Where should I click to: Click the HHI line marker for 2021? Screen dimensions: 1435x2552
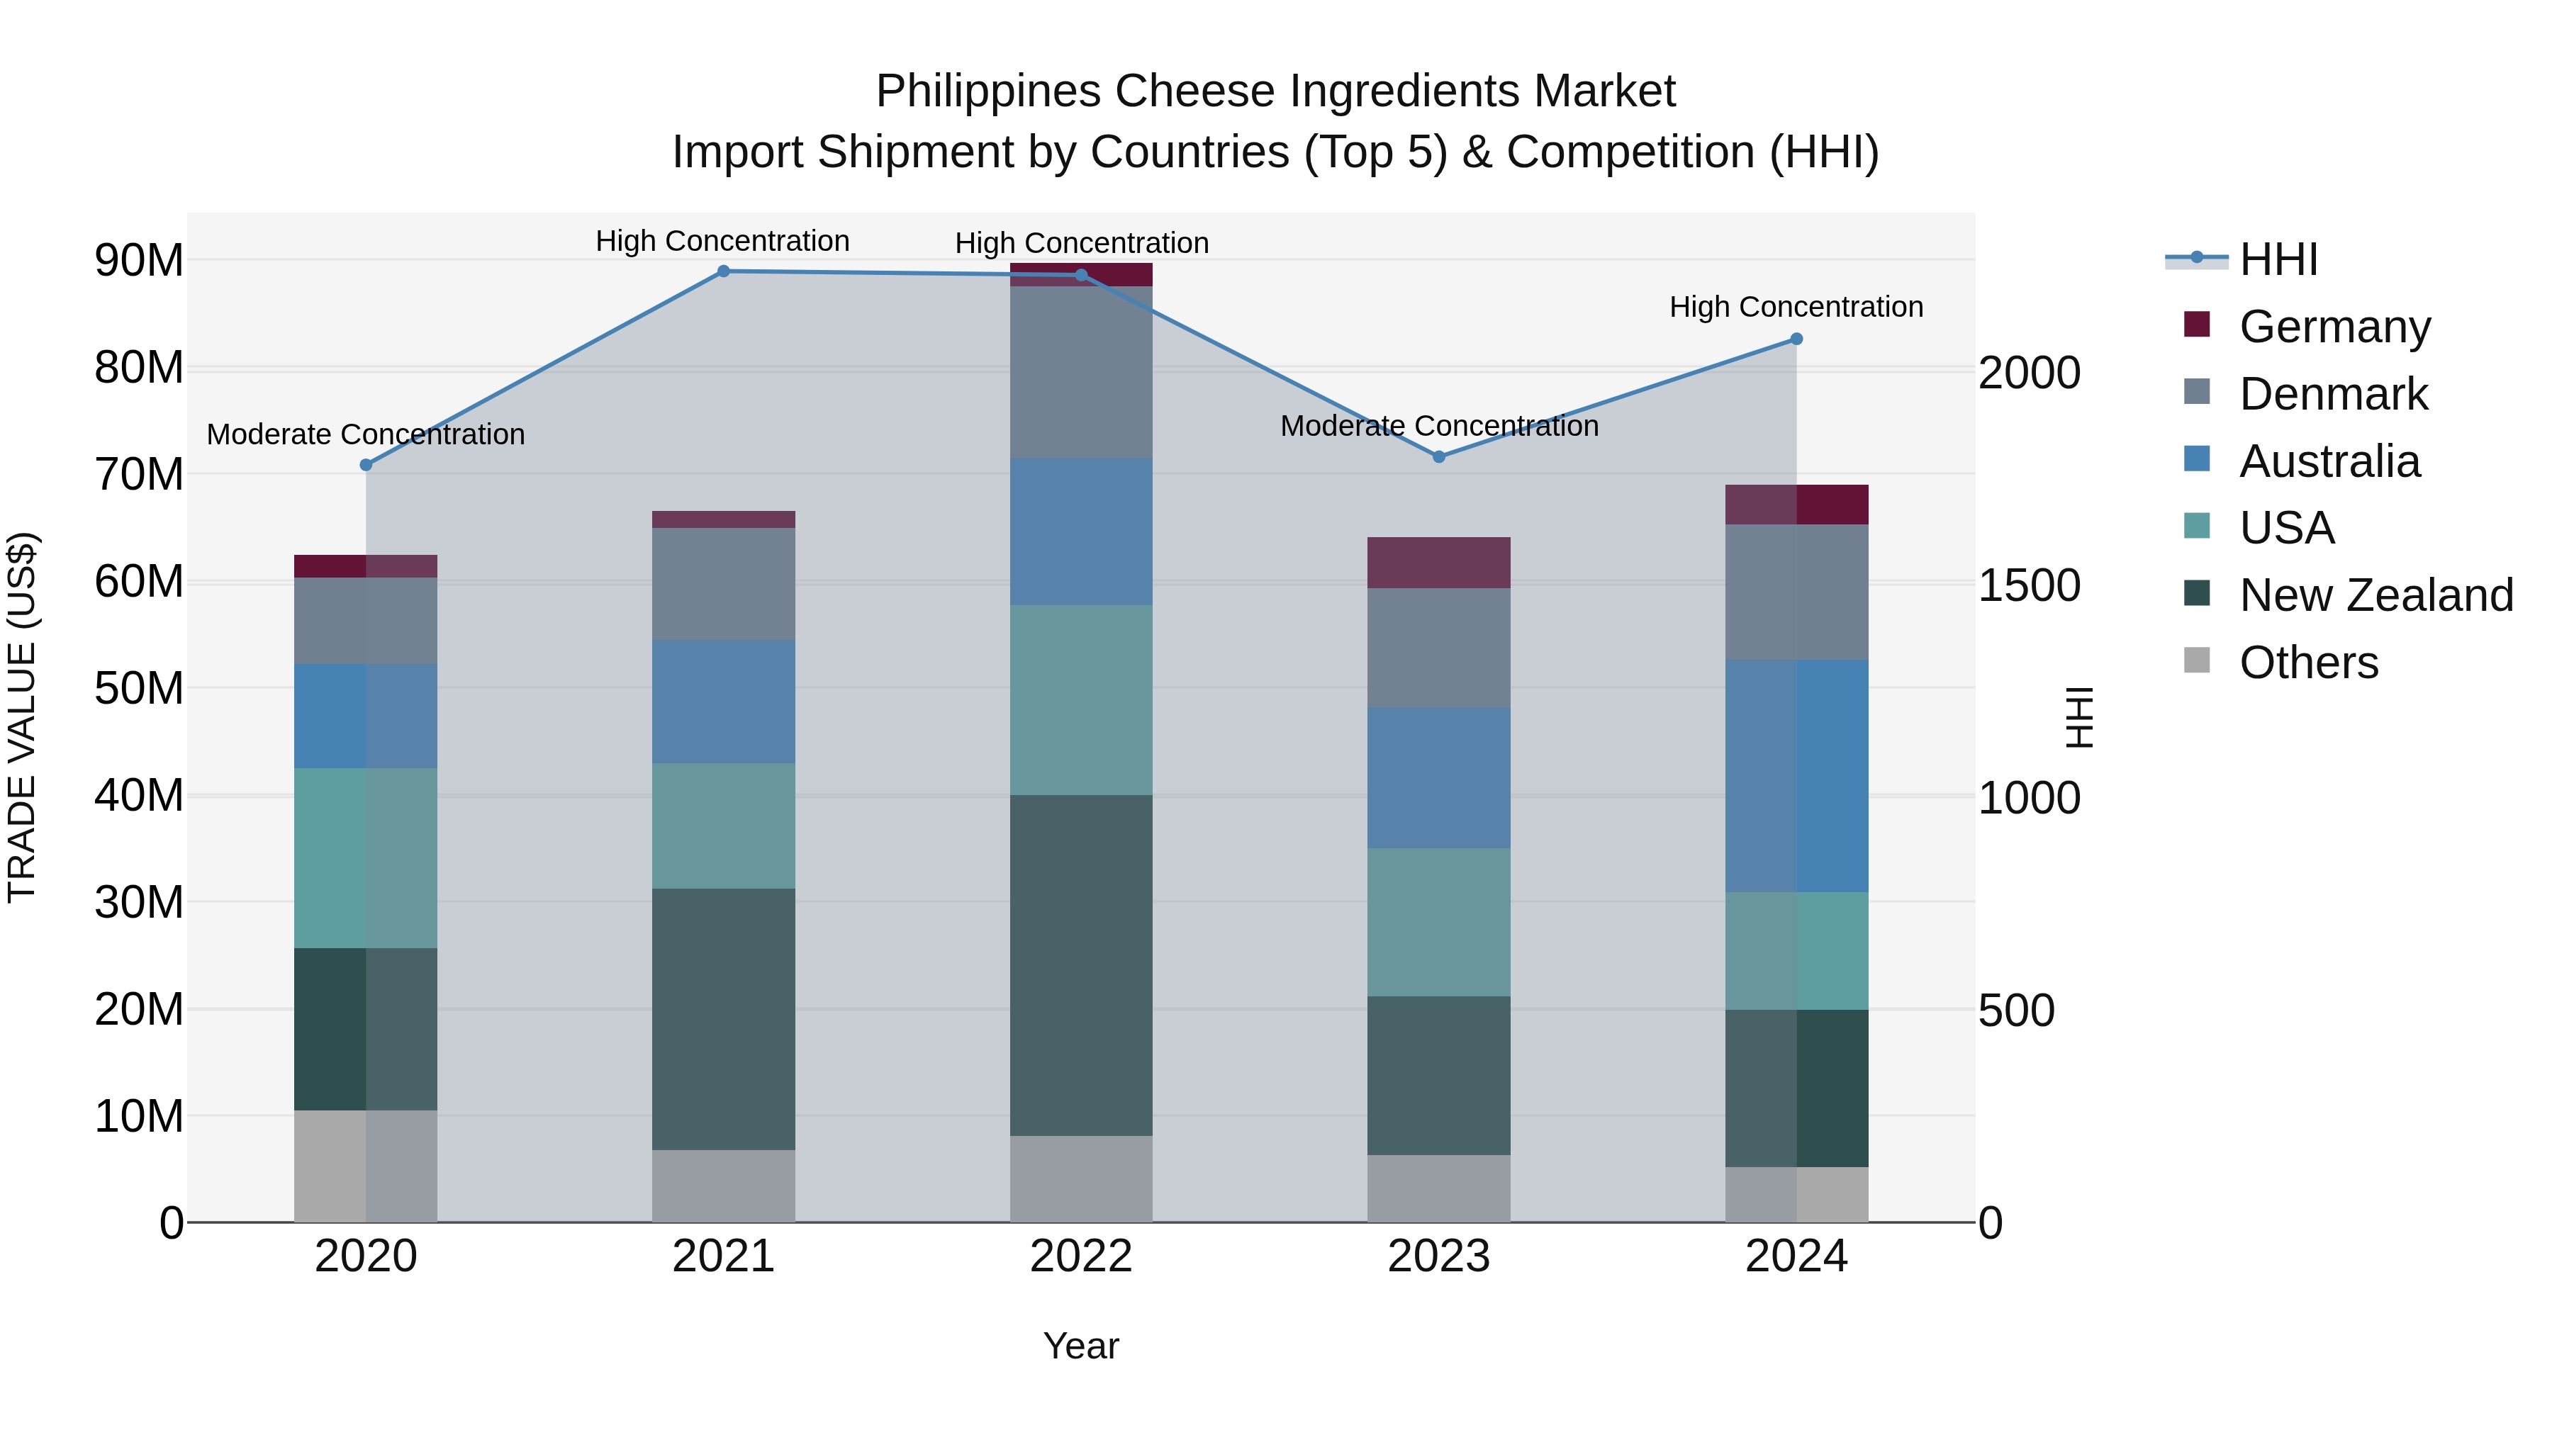pyautogui.click(x=723, y=271)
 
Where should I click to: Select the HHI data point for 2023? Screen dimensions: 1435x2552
pyautogui.click(x=1438, y=456)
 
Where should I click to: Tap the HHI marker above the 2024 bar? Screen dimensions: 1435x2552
pyautogui.click(x=1796, y=339)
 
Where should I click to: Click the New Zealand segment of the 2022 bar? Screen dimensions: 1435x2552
pyautogui.click(x=1081, y=966)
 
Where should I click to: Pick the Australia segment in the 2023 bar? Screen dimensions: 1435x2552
pyautogui.click(x=1438, y=777)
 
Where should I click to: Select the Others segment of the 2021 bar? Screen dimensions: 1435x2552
pyautogui.click(x=723, y=1186)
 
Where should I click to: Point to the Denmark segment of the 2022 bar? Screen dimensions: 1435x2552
pyautogui.click(x=1081, y=372)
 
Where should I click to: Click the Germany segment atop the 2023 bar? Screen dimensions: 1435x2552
pyautogui.click(x=1438, y=563)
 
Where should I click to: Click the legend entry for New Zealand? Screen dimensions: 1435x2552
pyautogui.click(x=2375, y=595)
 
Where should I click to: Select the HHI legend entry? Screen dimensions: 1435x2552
pyautogui.click(x=2278, y=259)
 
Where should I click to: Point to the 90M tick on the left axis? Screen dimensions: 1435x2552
pyautogui.click(x=139, y=261)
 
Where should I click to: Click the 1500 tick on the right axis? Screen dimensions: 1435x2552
pyautogui.click(x=2029, y=585)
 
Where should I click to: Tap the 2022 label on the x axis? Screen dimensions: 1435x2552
pyautogui.click(x=1081, y=1256)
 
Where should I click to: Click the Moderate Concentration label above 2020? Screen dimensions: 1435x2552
pyautogui.click(x=366, y=435)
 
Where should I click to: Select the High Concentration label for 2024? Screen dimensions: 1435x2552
pyautogui.click(x=1796, y=307)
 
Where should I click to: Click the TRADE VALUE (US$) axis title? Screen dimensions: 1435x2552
pyautogui.click(x=22, y=717)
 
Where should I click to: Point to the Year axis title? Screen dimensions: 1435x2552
pyautogui.click(x=1081, y=1346)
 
